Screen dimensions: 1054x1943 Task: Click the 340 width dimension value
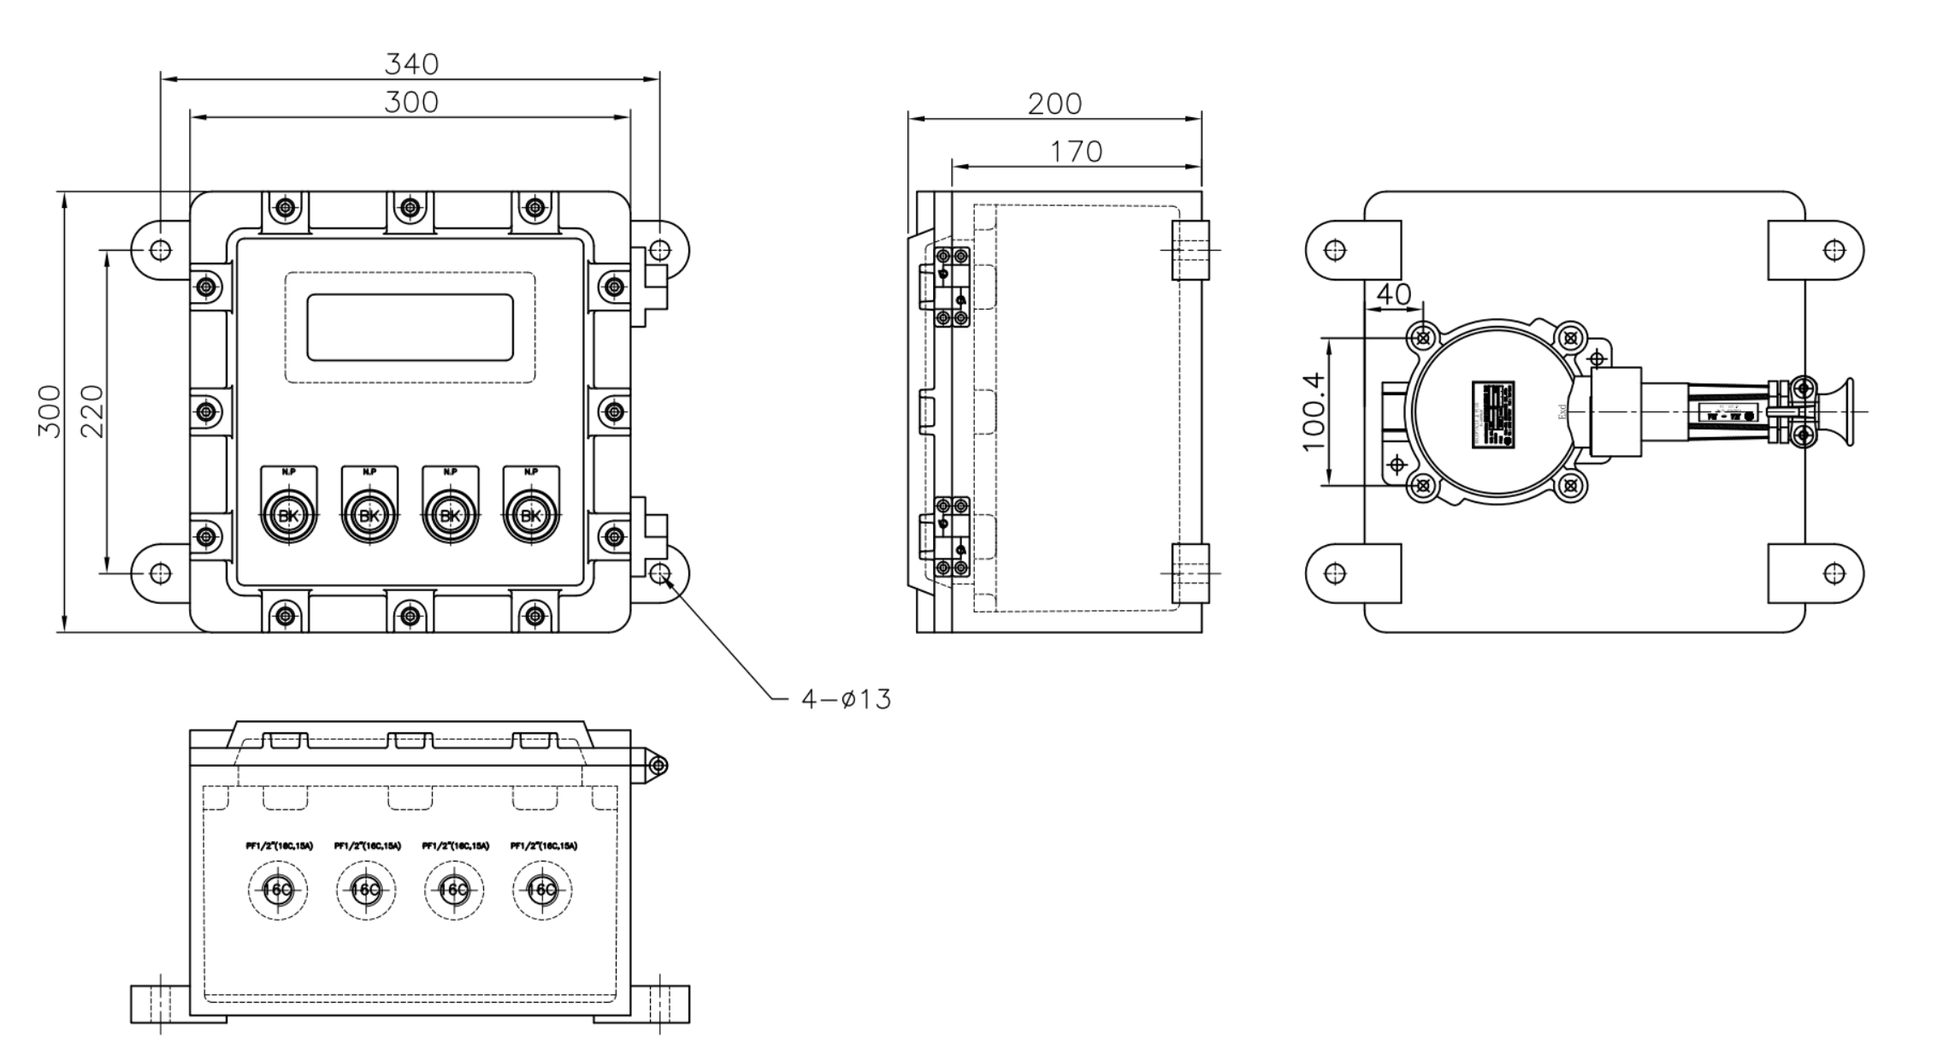tap(411, 64)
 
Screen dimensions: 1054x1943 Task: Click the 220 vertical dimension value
tap(92, 412)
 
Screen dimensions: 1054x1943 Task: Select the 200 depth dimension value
tap(1054, 104)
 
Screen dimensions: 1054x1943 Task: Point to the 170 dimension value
tap(1076, 152)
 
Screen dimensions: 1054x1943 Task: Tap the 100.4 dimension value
tap(1313, 412)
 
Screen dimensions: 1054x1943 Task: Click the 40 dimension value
tap(1393, 294)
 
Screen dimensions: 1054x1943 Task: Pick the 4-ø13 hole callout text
tap(846, 700)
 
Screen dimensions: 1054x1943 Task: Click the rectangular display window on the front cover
tap(410, 327)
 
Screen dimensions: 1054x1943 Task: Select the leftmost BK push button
tap(287, 516)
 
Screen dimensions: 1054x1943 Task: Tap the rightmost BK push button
tap(531, 516)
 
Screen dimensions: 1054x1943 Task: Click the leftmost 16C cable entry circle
tap(278, 890)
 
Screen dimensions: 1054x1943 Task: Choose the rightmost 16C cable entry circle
tap(542, 890)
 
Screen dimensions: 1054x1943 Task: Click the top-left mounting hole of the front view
tap(160, 250)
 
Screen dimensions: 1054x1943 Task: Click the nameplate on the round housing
tap(1492, 414)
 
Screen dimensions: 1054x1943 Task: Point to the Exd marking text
tap(1562, 412)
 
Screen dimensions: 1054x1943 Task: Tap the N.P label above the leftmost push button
tap(287, 471)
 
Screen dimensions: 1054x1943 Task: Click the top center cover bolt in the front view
tap(410, 207)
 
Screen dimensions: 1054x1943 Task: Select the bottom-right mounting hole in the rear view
tap(1834, 573)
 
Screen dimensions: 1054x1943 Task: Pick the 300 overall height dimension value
tap(50, 412)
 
